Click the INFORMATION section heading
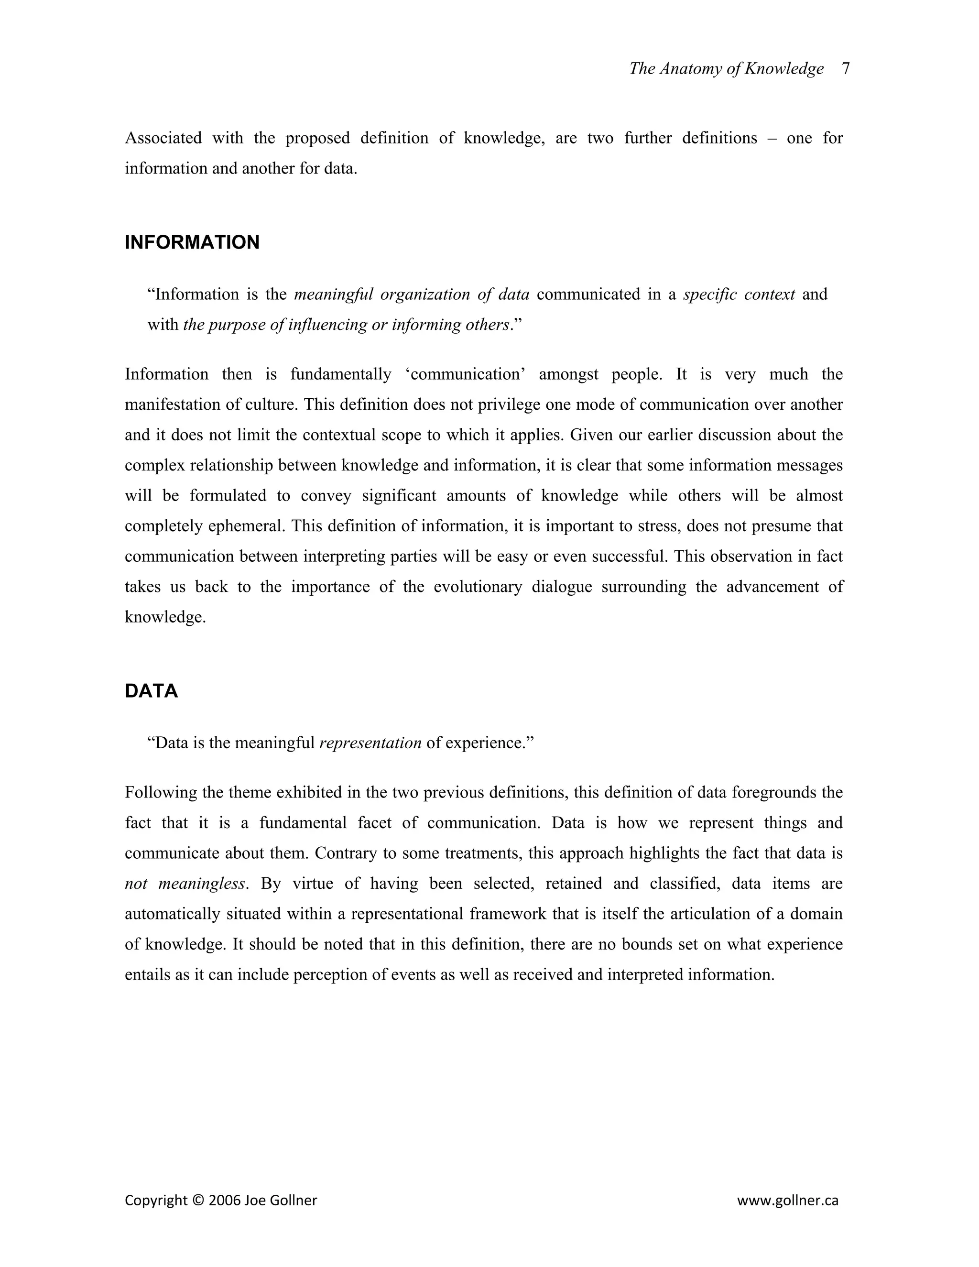click(192, 242)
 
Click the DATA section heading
click(152, 691)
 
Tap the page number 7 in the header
click(846, 68)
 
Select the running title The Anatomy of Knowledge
click(726, 68)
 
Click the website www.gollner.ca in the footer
click(788, 1200)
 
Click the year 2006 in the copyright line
click(225, 1200)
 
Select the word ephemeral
click(247, 526)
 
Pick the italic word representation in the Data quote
click(370, 743)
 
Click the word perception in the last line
click(331, 974)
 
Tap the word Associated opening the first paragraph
click(163, 138)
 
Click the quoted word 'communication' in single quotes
click(465, 374)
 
